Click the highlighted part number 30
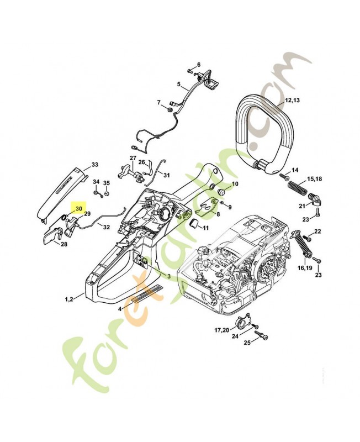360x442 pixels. coord(79,209)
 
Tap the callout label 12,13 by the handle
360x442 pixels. coord(292,102)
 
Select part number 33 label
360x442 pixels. coord(94,165)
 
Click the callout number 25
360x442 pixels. coord(247,343)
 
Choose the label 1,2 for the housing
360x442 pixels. coord(69,299)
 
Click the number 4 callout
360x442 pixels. coord(120,309)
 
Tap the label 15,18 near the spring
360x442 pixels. coord(315,180)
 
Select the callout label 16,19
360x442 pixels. coord(305,267)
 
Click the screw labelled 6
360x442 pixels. coord(189,72)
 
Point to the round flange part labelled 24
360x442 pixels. coord(241,325)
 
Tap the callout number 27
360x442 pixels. coord(133,159)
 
